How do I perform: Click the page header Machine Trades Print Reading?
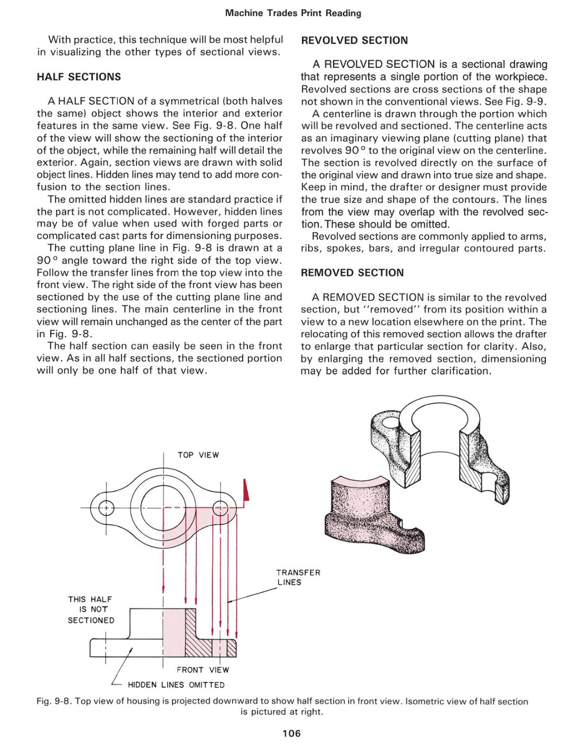[x=293, y=13]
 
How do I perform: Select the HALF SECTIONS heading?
[x=79, y=77]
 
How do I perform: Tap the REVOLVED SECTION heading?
[x=355, y=41]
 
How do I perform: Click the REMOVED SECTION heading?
[x=352, y=273]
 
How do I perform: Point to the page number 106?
[x=292, y=733]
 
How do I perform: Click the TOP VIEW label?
[x=198, y=455]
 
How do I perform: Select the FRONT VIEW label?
[x=203, y=670]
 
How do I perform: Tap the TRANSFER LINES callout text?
[x=298, y=577]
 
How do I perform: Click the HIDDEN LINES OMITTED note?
[x=176, y=685]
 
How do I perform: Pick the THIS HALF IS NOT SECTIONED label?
[x=91, y=610]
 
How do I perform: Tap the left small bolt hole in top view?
[x=106, y=508]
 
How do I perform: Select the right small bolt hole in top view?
[x=221, y=508]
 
